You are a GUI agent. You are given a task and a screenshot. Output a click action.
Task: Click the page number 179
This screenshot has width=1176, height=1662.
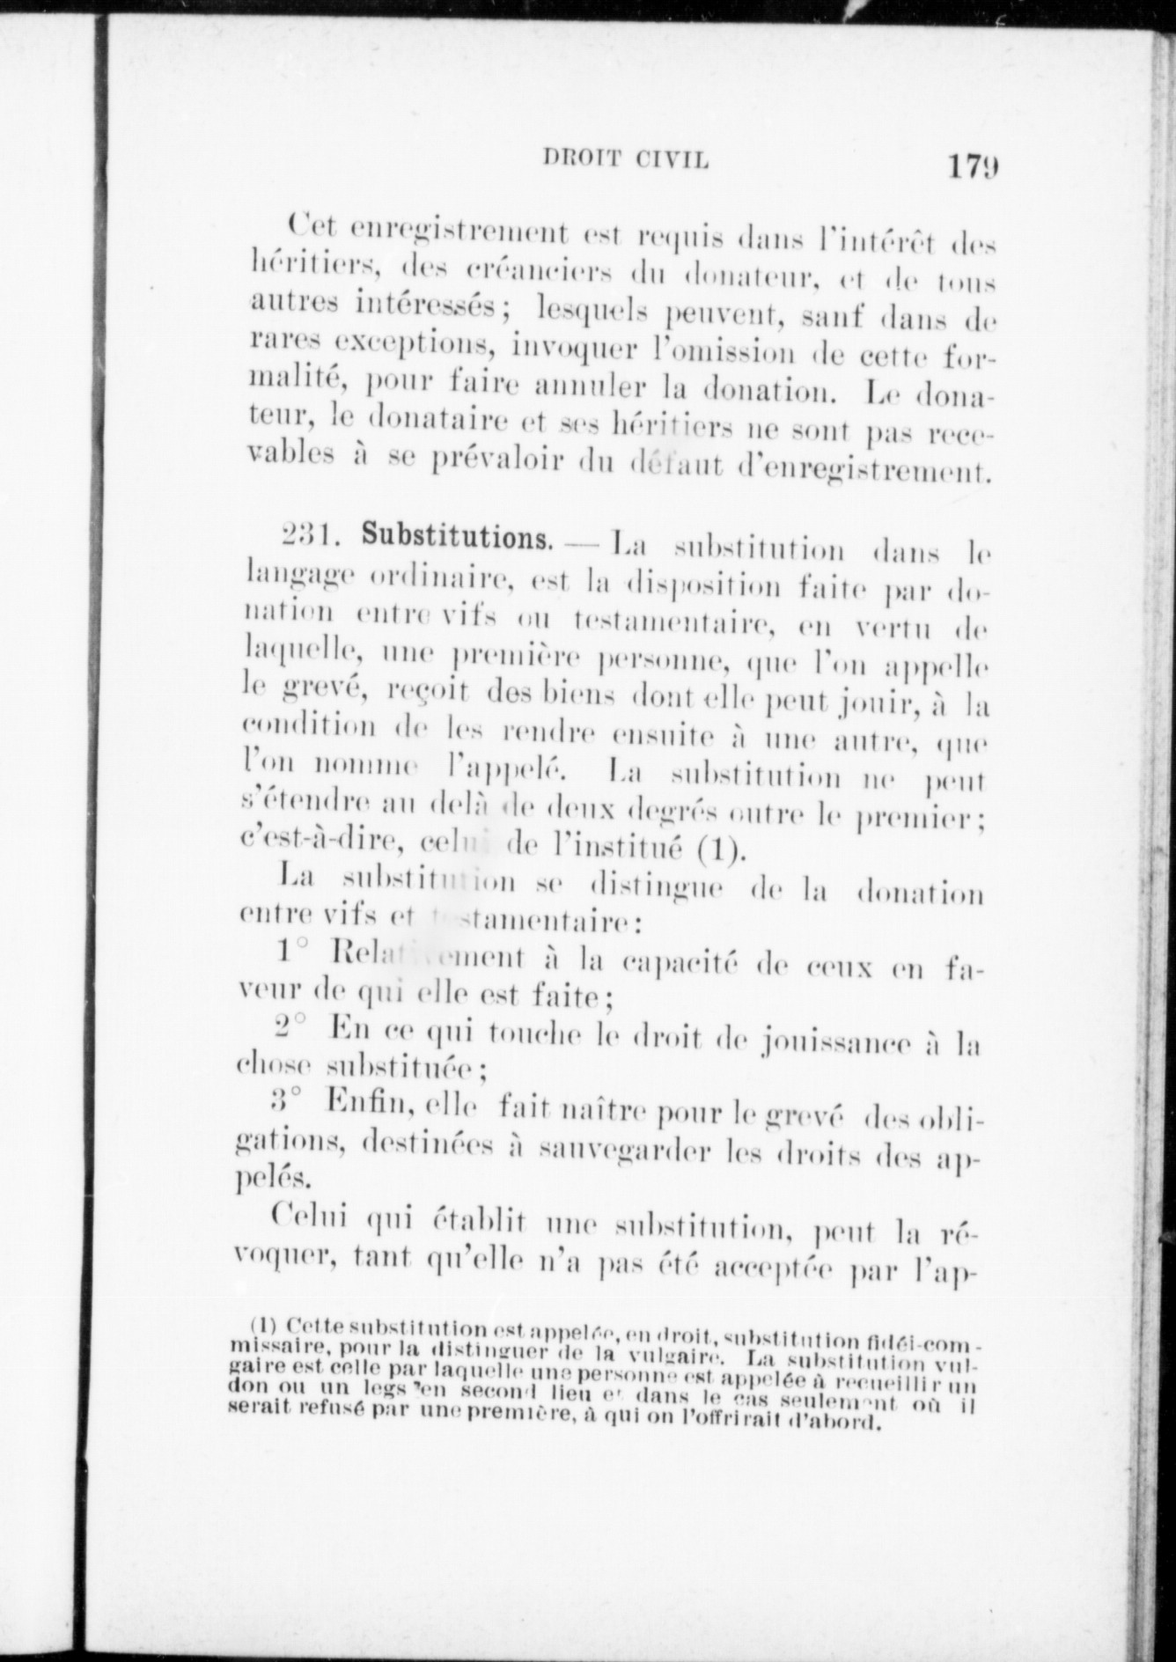click(x=973, y=166)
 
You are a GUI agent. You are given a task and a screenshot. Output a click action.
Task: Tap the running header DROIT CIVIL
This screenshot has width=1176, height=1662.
click(x=626, y=159)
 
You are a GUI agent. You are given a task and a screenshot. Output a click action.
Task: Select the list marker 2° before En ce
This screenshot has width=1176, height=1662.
click(x=290, y=1027)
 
